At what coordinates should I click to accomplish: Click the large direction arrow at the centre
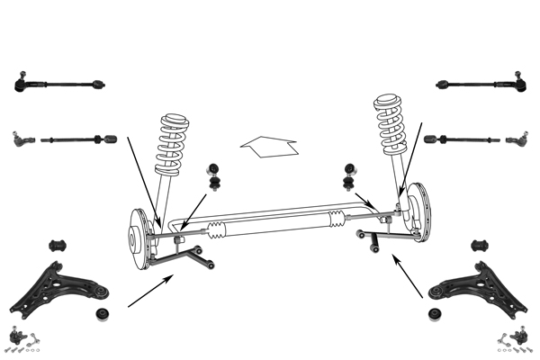click(268, 146)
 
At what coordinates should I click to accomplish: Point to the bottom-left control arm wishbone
click(61, 284)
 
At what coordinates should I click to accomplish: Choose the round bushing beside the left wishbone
click(103, 315)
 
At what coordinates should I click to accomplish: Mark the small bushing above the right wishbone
click(479, 246)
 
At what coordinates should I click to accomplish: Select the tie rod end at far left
click(24, 139)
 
